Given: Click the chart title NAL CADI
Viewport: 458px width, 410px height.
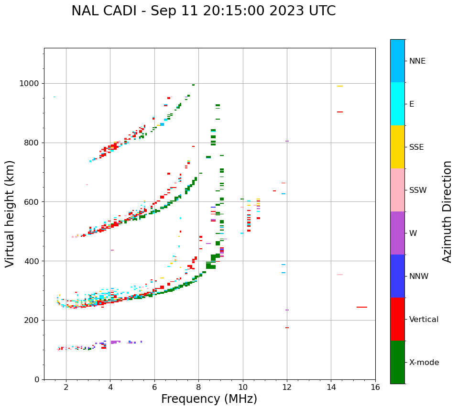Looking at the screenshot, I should click(203, 11).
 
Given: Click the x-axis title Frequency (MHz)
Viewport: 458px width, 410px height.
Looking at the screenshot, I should click(209, 399).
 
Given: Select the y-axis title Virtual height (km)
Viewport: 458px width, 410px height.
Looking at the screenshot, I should click(10, 214).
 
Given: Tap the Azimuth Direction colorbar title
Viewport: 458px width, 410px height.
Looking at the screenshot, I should click(447, 211).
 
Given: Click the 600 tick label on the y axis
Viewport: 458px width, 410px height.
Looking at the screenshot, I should click(31, 202).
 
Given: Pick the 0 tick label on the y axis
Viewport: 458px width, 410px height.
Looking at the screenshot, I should click(37, 379).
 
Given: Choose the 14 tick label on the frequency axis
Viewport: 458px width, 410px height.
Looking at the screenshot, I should click(331, 387).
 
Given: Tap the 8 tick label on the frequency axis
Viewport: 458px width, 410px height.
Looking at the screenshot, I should click(198, 387).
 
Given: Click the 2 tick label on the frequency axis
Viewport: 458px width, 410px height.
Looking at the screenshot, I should click(66, 387).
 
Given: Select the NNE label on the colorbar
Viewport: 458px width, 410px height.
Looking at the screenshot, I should click(417, 61).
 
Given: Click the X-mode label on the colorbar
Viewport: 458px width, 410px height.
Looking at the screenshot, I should click(424, 363).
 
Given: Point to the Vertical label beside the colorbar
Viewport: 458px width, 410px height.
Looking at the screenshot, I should click(424, 320).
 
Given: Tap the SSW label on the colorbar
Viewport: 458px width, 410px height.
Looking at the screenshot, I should click(418, 190).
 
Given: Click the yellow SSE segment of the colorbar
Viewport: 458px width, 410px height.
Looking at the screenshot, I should click(397, 147).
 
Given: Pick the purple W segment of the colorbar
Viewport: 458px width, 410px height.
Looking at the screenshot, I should click(397, 233).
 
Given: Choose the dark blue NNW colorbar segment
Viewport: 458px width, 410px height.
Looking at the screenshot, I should click(397, 276).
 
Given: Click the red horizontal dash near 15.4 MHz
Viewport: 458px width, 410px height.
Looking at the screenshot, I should click(362, 307).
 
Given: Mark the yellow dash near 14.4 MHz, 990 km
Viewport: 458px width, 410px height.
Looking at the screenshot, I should click(340, 86).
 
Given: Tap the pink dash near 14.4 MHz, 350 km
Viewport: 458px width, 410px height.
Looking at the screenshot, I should click(340, 275).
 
